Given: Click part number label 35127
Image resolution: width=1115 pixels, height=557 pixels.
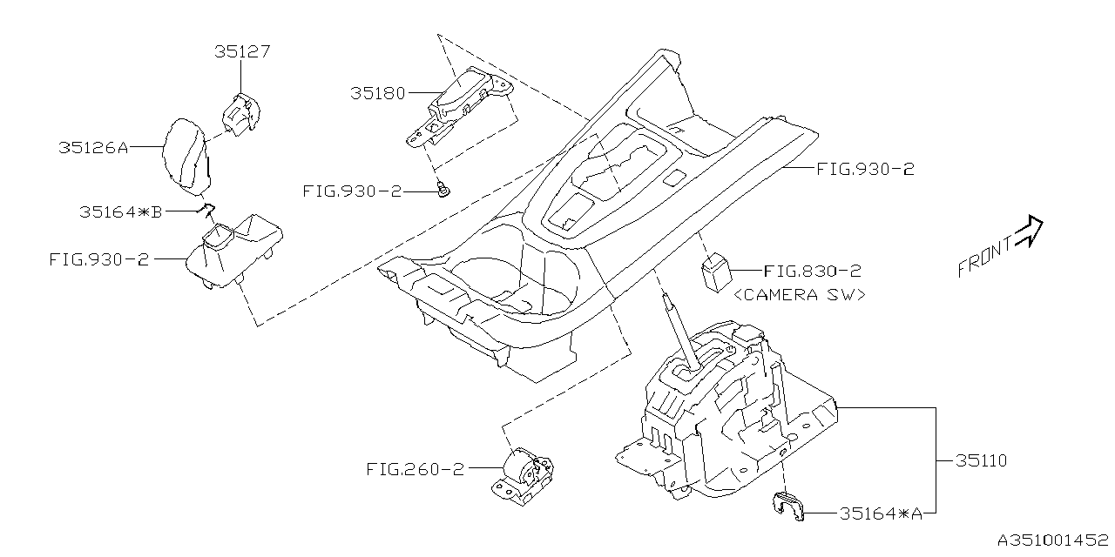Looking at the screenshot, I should pyautogui.click(x=242, y=51).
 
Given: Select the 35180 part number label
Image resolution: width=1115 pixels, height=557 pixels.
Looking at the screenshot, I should pyautogui.click(x=378, y=92).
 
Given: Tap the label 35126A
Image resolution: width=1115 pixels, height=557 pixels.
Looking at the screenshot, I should pyautogui.click(x=93, y=148).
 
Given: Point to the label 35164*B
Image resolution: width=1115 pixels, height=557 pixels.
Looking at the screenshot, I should pyautogui.click(x=120, y=211).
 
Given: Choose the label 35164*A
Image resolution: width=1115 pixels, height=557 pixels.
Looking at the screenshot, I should pyautogui.click(x=881, y=514).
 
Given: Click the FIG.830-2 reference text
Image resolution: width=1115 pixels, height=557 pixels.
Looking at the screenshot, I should pyautogui.click(x=813, y=272).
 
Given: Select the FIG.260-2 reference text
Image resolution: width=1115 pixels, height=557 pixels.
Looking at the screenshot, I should pyautogui.click(x=415, y=469).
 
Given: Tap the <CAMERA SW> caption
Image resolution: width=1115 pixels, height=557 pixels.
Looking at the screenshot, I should pyautogui.click(x=800, y=295).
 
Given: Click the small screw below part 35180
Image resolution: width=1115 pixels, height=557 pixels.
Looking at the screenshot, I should pyautogui.click(x=443, y=190).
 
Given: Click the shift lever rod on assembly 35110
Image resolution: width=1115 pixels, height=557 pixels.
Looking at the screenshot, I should pyautogui.click(x=680, y=334).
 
